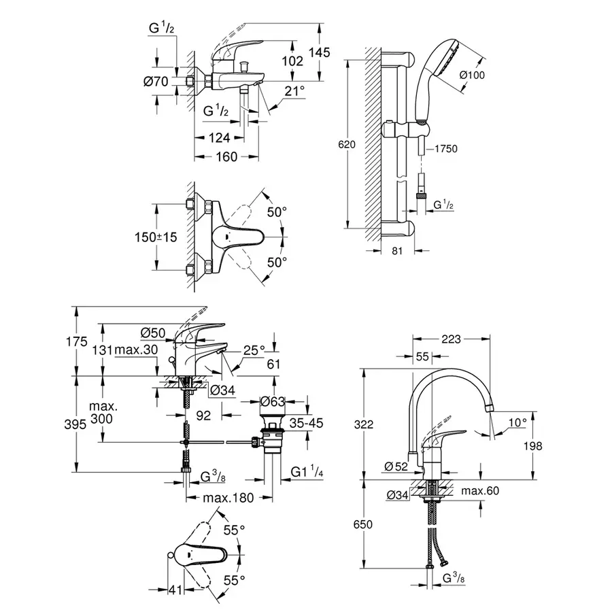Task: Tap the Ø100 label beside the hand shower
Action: click(x=472, y=75)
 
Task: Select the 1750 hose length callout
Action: click(x=445, y=148)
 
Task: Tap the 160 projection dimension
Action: click(x=226, y=157)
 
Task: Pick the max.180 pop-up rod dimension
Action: click(x=228, y=498)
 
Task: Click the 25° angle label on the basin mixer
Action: click(x=253, y=350)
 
